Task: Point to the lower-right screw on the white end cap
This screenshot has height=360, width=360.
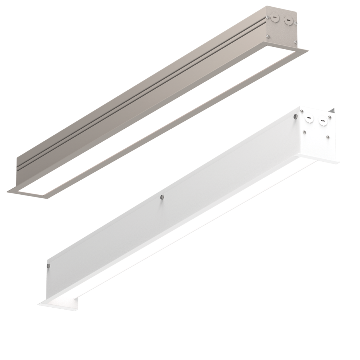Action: (x=328, y=137)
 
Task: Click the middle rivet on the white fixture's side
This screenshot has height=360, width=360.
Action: (x=162, y=197)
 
